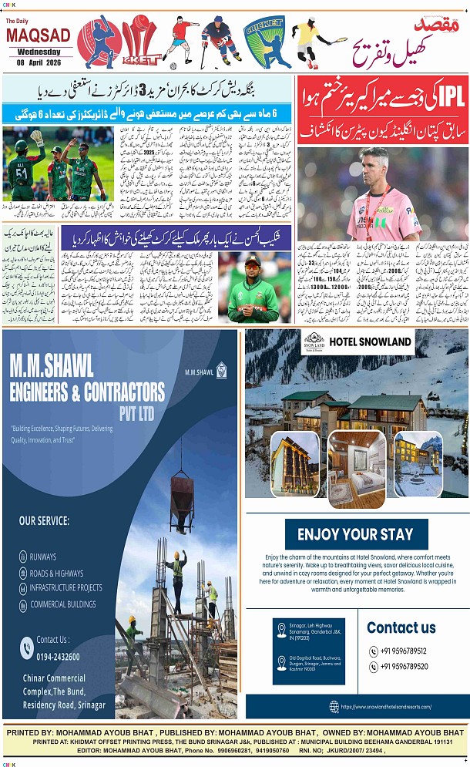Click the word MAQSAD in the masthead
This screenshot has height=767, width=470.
coord(39,35)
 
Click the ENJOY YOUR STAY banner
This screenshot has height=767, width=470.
coord(355,533)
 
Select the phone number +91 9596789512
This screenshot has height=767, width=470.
coord(404,649)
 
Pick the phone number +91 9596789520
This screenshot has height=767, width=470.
coord(404,666)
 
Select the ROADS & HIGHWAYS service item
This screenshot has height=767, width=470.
coord(56,574)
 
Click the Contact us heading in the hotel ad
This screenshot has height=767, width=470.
coord(401,627)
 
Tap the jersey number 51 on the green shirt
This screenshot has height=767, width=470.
coord(21,171)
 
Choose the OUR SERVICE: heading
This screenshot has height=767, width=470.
coord(44,521)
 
